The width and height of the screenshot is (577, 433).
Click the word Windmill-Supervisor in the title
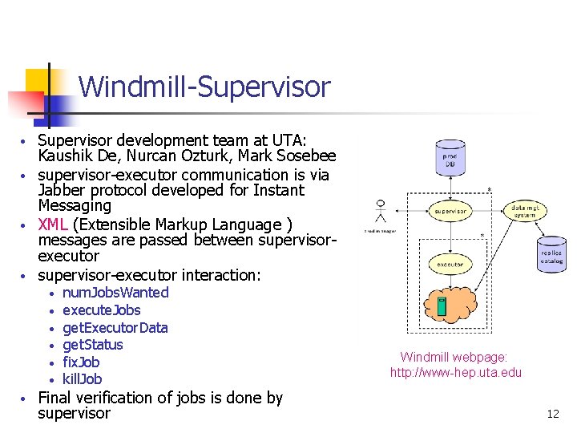[x=204, y=87]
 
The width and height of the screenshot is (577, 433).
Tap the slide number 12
[x=552, y=414]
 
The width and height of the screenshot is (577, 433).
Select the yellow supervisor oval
[x=450, y=212]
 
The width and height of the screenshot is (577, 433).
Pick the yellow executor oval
[x=450, y=263]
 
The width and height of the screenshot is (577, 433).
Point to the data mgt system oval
[x=524, y=211]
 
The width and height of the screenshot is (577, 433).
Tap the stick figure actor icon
[x=381, y=212]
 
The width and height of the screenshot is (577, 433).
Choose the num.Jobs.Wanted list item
[x=115, y=293]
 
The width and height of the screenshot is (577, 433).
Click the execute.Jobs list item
[x=101, y=310]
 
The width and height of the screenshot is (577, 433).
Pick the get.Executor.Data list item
[x=115, y=328]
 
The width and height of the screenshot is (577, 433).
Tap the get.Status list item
[x=92, y=345]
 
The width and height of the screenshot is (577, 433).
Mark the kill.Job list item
[x=82, y=379]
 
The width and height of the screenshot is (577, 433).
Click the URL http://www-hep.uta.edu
[x=455, y=372]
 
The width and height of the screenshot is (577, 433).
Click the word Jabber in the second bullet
[x=60, y=191]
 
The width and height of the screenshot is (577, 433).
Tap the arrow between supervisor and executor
[x=450, y=238]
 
